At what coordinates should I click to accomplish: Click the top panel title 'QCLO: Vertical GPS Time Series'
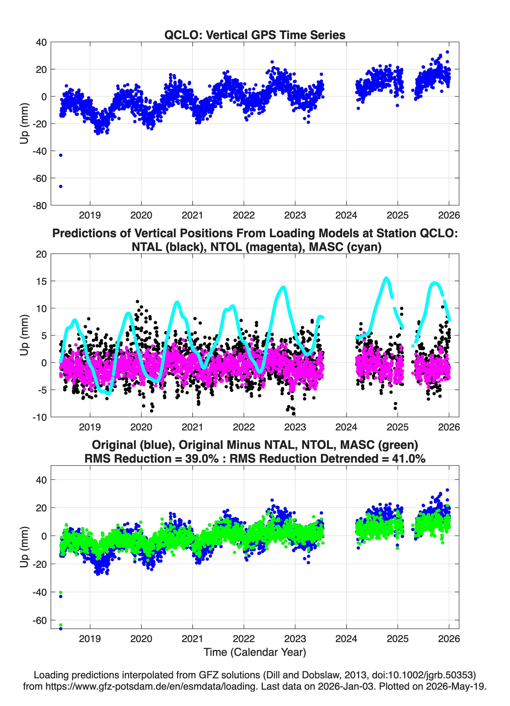(255, 35)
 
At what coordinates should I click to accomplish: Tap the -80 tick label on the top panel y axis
(40, 206)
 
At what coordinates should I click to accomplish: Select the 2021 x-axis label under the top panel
(192, 215)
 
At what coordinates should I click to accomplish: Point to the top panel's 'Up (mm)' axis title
(24, 124)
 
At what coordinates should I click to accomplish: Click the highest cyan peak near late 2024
(386, 278)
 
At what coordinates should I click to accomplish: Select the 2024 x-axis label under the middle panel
(346, 427)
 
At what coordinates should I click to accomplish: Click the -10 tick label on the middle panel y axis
(40, 417)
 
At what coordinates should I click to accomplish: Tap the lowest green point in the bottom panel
(61, 625)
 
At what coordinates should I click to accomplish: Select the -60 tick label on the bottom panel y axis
(40, 620)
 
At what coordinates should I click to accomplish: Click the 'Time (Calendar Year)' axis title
(255, 652)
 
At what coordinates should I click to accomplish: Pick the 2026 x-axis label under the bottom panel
(449, 639)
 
